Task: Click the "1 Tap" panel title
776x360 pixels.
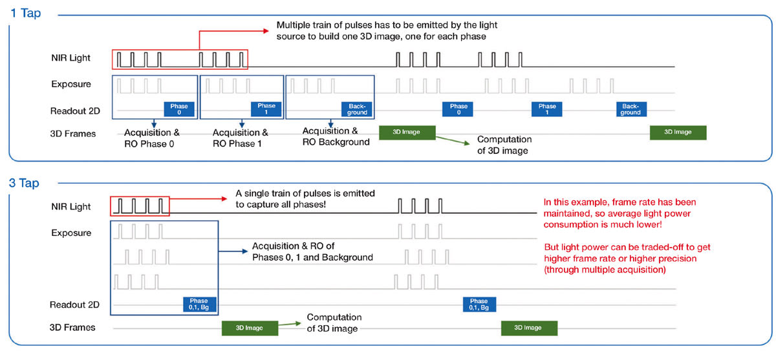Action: pos(25,13)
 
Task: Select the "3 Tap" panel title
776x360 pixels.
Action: pos(25,183)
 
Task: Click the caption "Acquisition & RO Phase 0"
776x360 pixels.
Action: pos(151,138)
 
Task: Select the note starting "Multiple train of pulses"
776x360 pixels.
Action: pos(387,30)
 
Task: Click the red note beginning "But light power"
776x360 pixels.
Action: pos(627,259)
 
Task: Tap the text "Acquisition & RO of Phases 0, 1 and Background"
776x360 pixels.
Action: pos(312,251)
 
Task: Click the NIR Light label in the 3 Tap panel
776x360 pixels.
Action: pos(71,207)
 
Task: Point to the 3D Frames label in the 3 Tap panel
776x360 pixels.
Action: pos(72,327)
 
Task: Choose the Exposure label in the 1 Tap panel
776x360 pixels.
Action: pos(71,84)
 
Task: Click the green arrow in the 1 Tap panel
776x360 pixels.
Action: pos(453,142)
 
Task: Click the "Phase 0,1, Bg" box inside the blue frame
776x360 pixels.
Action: pos(199,304)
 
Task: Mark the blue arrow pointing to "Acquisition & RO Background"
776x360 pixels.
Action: pos(330,123)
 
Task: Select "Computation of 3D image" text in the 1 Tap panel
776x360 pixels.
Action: pos(504,145)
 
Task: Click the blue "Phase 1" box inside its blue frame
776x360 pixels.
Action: pos(266,109)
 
